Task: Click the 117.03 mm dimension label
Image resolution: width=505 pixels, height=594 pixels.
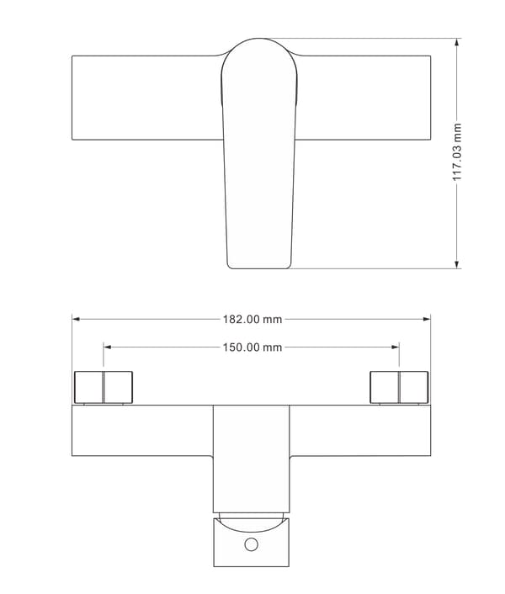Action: (457, 151)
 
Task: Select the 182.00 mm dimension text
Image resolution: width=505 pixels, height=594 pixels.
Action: (252, 320)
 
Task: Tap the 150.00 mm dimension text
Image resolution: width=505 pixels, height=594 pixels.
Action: (252, 347)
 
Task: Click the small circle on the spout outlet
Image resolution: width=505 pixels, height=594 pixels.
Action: (251, 544)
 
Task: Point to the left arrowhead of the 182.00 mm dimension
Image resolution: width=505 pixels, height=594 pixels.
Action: (76, 319)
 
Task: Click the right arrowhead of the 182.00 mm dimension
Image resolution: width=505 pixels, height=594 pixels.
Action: (427, 319)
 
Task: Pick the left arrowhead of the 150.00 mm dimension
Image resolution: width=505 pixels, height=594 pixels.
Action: (107, 347)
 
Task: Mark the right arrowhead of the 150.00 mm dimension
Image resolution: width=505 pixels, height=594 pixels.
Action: (395, 347)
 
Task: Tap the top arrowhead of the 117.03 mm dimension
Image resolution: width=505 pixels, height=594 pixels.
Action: (457, 42)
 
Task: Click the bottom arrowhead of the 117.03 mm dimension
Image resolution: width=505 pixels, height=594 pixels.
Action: (457, 264)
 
